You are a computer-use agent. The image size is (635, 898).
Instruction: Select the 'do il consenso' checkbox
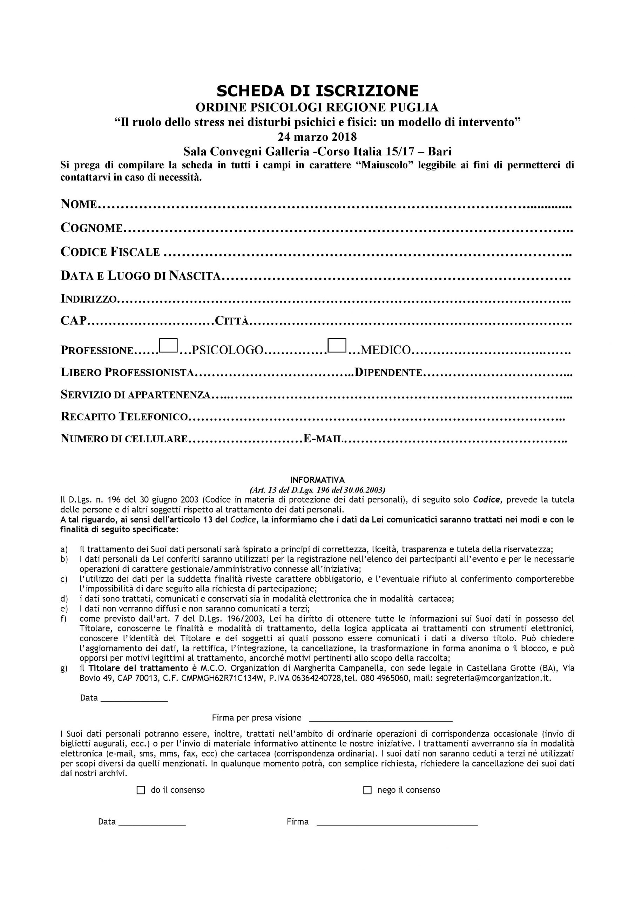pos(141,790)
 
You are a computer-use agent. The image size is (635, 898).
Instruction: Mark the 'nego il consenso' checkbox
pos(367,790)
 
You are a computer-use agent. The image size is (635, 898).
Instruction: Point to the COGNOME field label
pos(92,228)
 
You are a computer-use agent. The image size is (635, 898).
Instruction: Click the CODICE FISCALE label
pos(110,252)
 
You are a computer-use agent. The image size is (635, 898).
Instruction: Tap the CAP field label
pos(73,321)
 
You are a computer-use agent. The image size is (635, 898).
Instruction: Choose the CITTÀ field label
pos(232,321)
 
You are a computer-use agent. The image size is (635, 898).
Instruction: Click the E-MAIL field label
pos(323,439)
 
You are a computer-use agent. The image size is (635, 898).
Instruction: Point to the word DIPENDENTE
pos(387,372)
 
